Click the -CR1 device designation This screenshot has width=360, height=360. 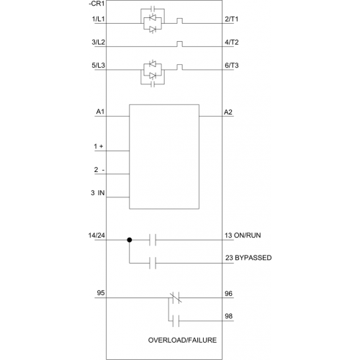[96, 4]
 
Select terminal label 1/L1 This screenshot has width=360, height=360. [99, 19]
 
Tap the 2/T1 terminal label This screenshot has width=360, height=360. [232, 19]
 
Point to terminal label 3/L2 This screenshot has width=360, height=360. [99, 42]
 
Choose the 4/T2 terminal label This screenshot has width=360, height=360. [232, 42]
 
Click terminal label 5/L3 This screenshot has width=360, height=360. [99, 66]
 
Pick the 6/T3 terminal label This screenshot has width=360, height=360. [232, 66]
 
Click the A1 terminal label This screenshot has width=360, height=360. [100, 112]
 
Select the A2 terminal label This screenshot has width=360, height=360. [228, 112]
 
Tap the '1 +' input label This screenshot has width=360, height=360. [99, 146]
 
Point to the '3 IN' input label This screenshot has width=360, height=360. [98, 193]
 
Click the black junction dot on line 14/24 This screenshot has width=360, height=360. [130, 240]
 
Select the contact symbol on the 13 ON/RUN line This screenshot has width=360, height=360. [153, 240]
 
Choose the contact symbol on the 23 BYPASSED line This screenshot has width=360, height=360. [153, 263]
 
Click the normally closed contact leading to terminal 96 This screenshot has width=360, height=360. [176, 298]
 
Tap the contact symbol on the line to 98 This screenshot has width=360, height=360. [176, 321]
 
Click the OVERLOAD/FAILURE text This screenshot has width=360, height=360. [182, 340]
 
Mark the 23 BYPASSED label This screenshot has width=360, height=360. [248, 258]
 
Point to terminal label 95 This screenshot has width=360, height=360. [101, 293]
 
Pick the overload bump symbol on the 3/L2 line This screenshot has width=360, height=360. [179, 44]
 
